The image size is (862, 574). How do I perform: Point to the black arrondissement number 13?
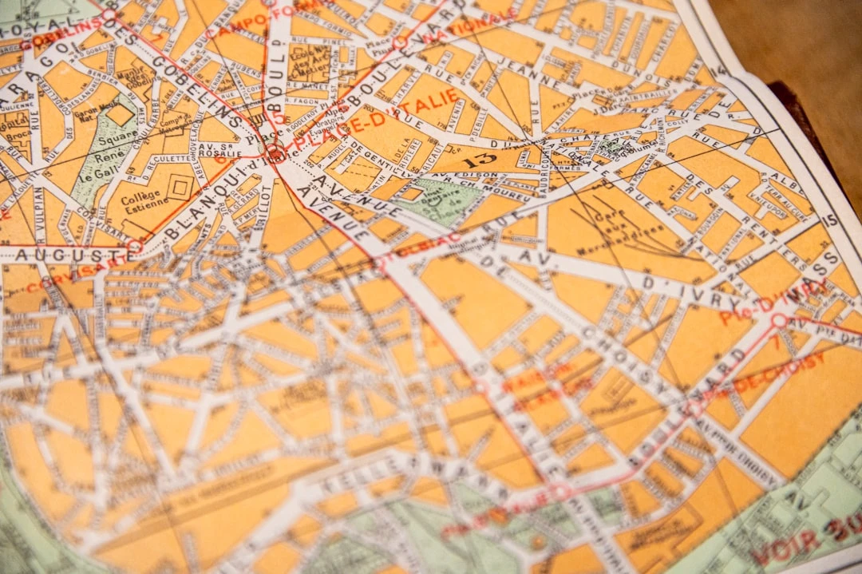coord(479,159)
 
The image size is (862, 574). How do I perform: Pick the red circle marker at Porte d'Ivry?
coord(778,321)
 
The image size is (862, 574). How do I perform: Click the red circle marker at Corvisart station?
coord(133,246)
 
